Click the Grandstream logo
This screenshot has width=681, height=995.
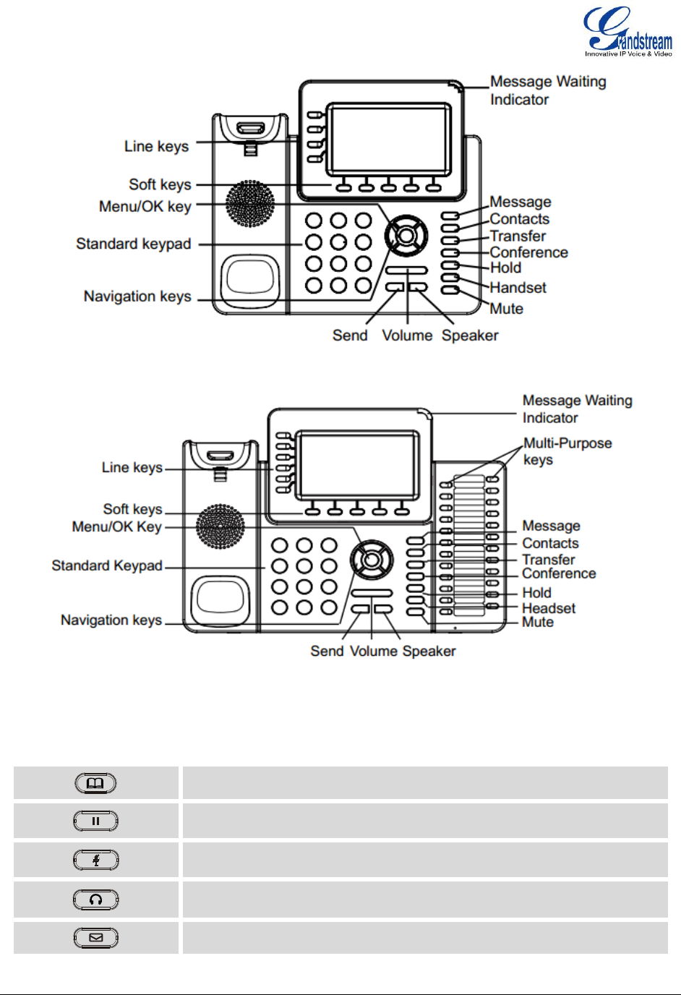pos(628,32)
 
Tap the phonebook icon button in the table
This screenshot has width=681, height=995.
pos(95,783)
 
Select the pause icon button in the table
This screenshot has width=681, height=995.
pos(95,821)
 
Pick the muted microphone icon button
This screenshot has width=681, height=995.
pos(95,860)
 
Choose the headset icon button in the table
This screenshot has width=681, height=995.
pos(95,900)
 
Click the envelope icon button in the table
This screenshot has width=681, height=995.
pos(95,938)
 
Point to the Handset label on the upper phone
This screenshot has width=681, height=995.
pos(518,287)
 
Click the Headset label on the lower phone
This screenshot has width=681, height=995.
pos(549,608)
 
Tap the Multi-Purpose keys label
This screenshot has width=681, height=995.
pos(567,451)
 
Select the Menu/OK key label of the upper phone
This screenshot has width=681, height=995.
pos(145,207)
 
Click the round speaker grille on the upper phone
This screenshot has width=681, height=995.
pos(249,204)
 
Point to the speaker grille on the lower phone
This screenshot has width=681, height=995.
pos(220,526)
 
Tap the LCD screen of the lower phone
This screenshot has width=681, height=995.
pos(358,465)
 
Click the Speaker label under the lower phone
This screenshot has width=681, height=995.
pos(429,652)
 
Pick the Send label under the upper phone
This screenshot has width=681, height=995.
pos(350,336)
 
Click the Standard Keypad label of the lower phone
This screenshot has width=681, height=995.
pos(107,565)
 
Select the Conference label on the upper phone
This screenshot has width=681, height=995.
pos(528,252)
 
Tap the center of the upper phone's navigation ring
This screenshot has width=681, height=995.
pos(406,236)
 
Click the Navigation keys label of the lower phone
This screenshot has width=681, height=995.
pos(111,620)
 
